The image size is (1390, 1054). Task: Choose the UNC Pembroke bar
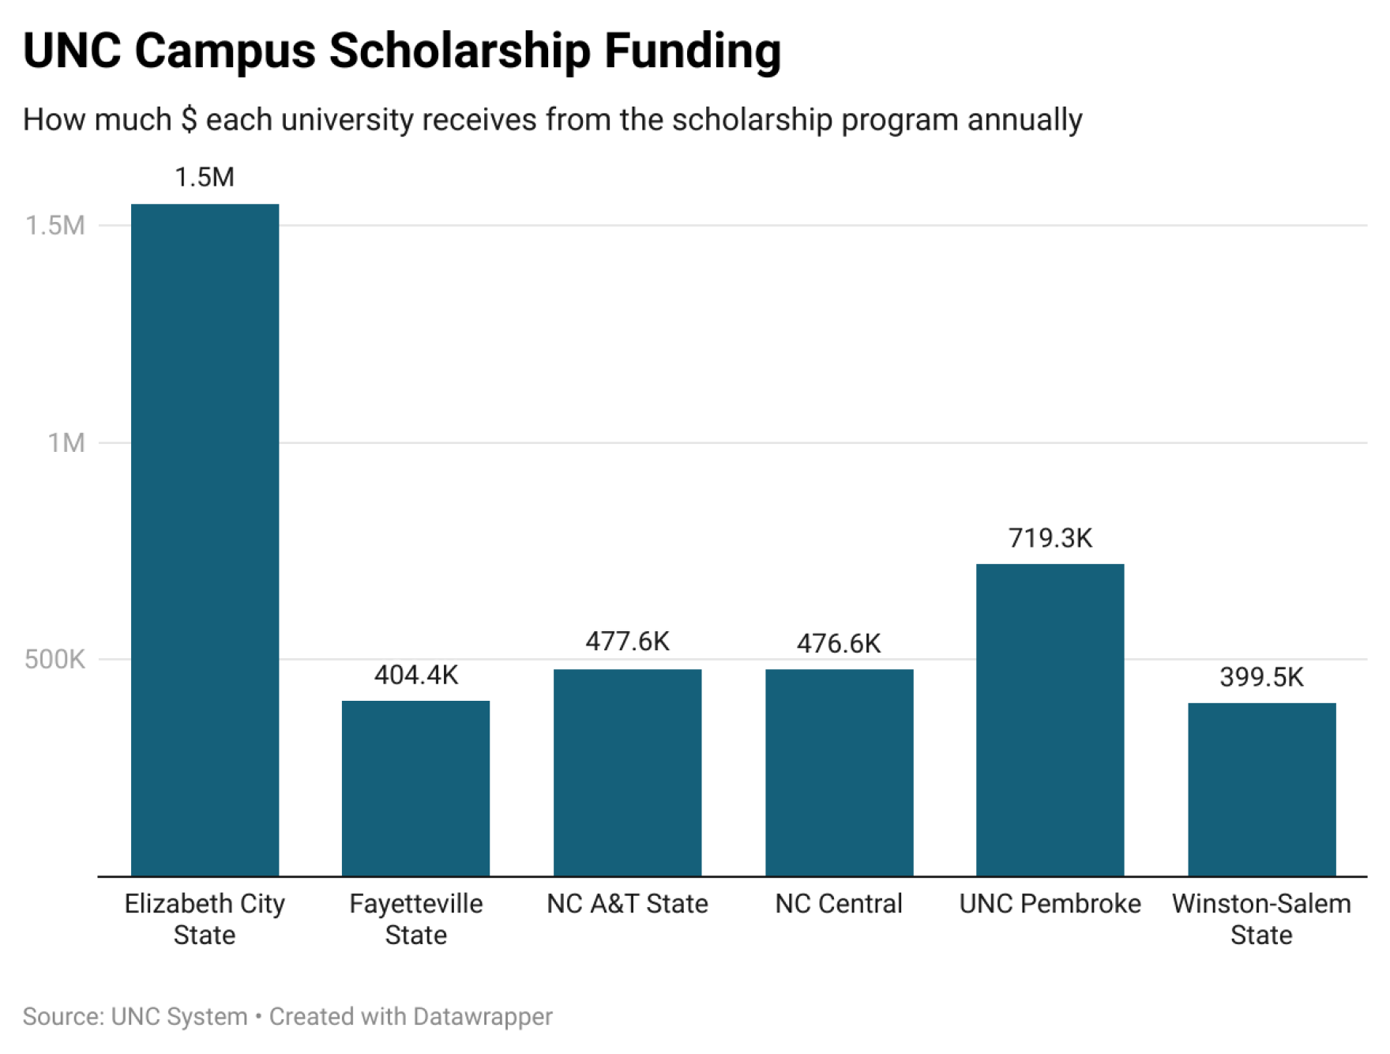(1050, 720)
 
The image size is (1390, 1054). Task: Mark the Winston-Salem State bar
(1261, 789)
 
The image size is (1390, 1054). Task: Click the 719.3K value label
(1050, 538)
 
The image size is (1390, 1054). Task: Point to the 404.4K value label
(415, 676)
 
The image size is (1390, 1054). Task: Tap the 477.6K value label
(627, 642)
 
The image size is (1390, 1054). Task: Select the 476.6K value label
(839, 644)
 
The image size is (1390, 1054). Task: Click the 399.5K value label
(1261, 677)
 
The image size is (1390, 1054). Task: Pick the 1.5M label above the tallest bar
(205, 178)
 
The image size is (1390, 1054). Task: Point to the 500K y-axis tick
(54, 660)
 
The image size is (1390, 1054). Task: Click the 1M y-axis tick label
(66, 443)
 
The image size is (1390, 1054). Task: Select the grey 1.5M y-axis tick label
(55, 226)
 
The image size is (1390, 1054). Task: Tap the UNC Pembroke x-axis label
(1050, 904)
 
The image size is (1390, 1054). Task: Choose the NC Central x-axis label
(839, 904)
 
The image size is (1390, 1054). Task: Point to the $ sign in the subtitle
(189, 120)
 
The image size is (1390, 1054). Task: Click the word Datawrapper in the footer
(482, 1016)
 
